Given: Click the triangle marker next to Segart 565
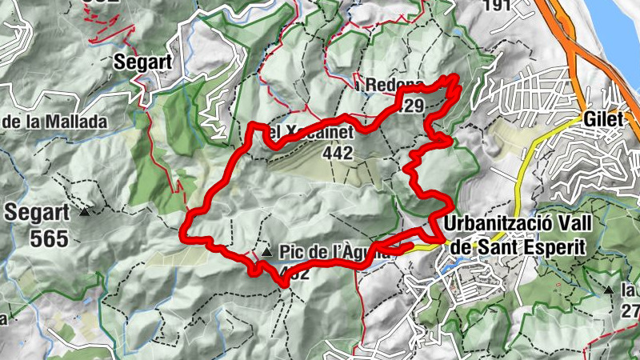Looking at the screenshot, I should (84, 213).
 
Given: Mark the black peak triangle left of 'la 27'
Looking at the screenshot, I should (610, 290).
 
